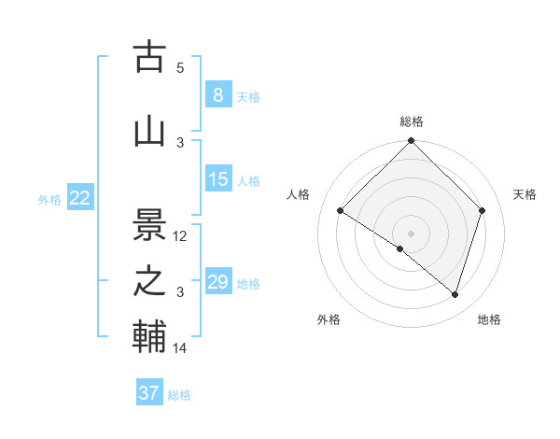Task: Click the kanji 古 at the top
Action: tap(149, 57)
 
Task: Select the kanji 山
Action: tap(149, 132)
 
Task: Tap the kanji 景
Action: tap(149, 223)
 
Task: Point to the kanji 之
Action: tap(149, 281)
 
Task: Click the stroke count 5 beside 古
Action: tap(180, 68)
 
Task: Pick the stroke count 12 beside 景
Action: tap(180, 236)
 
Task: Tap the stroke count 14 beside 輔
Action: tap(180, 348)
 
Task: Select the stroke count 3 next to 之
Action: tap(180, 292)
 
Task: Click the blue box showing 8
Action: tap(217, 94)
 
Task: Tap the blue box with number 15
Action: tap(218, 178)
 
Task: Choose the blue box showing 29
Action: tap(218, 281)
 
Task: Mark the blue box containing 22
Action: tap(79, 197)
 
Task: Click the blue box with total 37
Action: tap(148, 393)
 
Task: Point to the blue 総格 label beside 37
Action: tap(179, 395)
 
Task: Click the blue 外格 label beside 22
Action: tap(49, 199)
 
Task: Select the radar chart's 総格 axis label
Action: tap(412, 121)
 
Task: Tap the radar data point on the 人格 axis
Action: tap(341, 211)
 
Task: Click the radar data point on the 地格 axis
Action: tap(455, 294)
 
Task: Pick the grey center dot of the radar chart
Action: tap(411, 233)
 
